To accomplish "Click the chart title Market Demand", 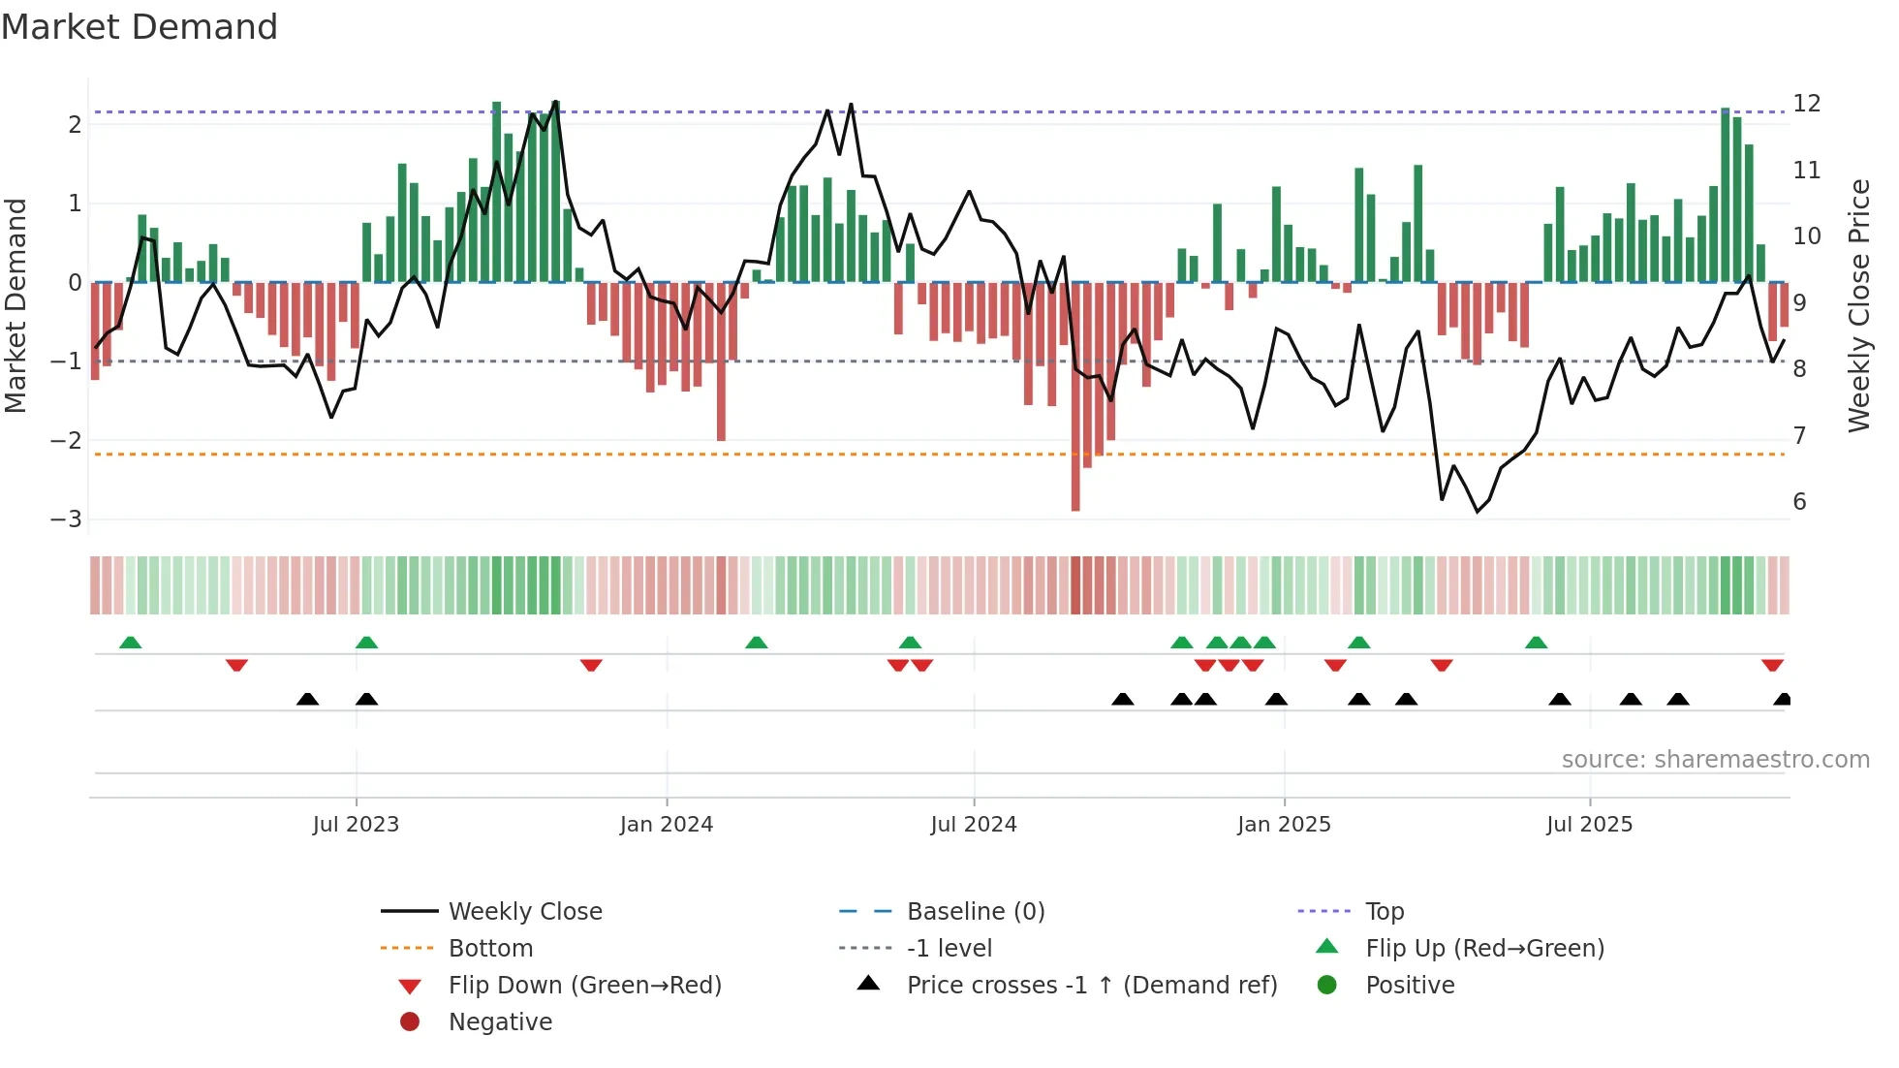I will [x=140, y=27].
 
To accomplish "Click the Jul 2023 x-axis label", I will [x=356, y=825].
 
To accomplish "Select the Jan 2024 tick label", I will [x=667, y=825].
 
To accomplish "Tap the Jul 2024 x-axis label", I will [x=974, y=825].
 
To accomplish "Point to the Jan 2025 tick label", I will [x=1284, y=825].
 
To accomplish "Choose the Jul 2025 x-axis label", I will [x=1589, y=825].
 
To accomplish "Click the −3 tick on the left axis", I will [x=66, y=519].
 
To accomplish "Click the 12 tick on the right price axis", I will [x=1806, y=104].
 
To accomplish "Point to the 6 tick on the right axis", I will [x=1799, y=502].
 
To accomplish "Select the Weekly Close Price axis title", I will [x=1858, y=305].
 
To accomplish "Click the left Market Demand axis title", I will [x=16, y=305].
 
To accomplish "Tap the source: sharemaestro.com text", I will [x=1715, y=760].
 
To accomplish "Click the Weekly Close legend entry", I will [x=524, y=912].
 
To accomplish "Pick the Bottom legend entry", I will [x=490, y=949].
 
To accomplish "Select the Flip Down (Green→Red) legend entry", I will [x=584, y=986].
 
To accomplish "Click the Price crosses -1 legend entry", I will [x=1091, y=986].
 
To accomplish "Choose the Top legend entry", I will [x=1384, y=912].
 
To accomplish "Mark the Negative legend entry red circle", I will [x=410, y=1022].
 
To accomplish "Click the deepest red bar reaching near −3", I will [x=1075, y=485].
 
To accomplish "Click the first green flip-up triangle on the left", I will [x=130, y=643].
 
